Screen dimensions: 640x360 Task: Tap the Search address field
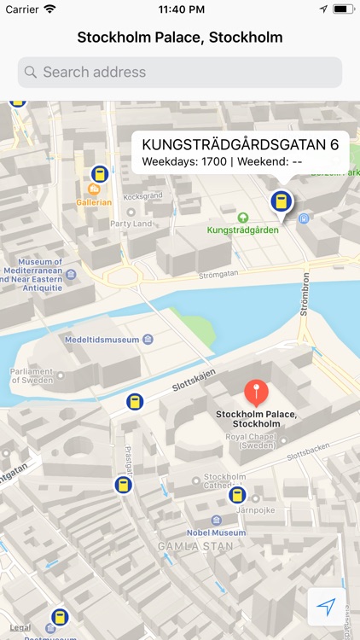[179, 73]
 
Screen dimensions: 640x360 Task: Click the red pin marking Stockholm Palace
[256, 393]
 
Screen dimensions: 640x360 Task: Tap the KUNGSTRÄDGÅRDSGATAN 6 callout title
[240, 144]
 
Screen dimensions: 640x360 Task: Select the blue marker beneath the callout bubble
[279, 202]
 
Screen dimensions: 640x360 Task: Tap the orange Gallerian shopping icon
[94, 189]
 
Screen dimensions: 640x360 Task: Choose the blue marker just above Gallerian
[100, 175]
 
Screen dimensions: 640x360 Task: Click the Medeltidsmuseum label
[102, 340]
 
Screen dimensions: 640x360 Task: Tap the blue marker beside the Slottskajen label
[134, 401]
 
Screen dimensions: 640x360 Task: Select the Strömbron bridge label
[305, 294]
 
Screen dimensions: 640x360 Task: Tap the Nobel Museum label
[217, 532]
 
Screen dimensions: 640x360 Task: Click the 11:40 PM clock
[180, 9]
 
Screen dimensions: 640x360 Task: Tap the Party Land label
[131, 224]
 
